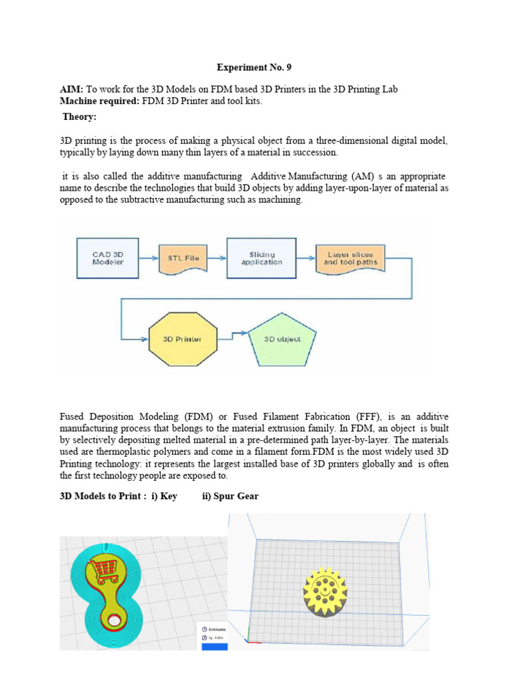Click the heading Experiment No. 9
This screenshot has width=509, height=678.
tap(254, 68)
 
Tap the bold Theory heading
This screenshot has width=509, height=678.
tap(80, 117)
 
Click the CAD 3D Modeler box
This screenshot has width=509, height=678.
tap(107, 258)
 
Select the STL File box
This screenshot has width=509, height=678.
tap(184, 258)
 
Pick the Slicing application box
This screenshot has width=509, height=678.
tap(261, 258)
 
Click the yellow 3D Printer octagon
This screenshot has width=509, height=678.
tap(182, 339)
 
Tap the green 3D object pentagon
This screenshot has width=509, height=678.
tap(282, 339)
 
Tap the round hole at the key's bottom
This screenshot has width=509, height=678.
tap(117, 620)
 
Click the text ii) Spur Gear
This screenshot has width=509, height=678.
tap(230, 497)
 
